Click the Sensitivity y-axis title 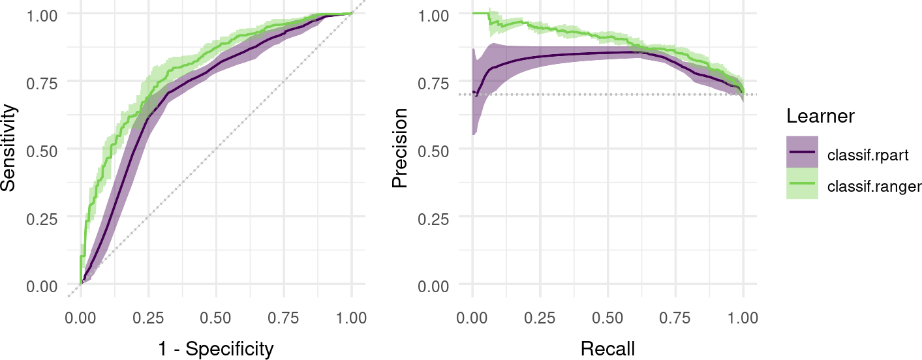(x=9, y=149)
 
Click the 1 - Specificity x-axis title (x=216, y=349)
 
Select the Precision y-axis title (x=400, y=149)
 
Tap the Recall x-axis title (x=607, y=349)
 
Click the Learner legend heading (x=820, y=117)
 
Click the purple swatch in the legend (x=802, y=152)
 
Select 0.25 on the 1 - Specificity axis (x=148, y=318)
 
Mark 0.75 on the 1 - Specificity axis (x=284, y=318)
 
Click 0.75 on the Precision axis (x=433, y=82)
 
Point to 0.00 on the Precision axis (x=433, y=285)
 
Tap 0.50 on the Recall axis (x=607, y=318)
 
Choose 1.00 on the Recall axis (x=743, y=318)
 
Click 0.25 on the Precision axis (x=433, y=217)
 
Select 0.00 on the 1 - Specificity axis (x=80, y=318)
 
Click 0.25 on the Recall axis (x=540, y=318)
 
